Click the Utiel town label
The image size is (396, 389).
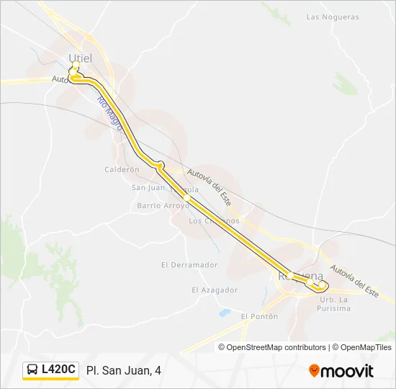[80, 57]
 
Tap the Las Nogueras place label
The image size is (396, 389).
[332, 17]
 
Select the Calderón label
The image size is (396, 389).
[121, 169]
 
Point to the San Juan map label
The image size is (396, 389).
[148, 187]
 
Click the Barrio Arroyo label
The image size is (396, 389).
[161, 205]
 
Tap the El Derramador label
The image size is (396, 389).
[189, 264]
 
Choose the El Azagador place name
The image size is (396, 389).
[215, 290]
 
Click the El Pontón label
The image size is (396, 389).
[259, 316]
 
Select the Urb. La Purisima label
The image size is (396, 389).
[334, 304]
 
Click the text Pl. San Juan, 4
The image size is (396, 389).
[123, 370]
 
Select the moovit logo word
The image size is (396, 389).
[347, 371]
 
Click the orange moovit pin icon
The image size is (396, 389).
[314, 371]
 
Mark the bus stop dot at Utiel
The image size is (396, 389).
[75, 65]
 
